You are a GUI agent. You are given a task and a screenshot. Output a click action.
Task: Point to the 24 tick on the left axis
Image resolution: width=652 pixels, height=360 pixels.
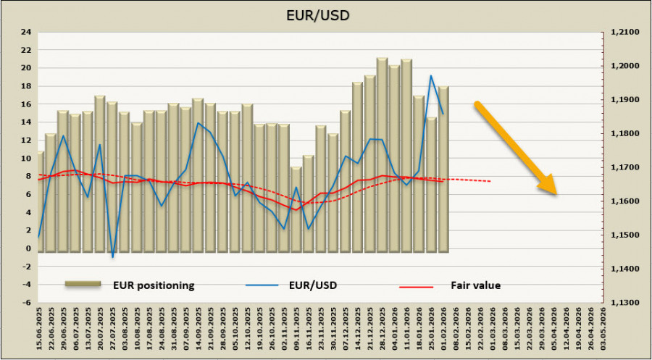coord(26,32)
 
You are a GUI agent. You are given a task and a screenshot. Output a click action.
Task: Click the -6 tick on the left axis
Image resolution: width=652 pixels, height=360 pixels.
coord(26,303)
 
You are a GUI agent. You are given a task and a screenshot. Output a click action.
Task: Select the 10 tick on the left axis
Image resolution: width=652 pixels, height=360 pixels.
coord(26,159)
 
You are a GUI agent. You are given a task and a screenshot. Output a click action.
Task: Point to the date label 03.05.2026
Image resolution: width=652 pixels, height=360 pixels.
coord(602,330)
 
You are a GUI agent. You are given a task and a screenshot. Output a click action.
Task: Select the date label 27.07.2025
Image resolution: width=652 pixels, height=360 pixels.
coord(112,330)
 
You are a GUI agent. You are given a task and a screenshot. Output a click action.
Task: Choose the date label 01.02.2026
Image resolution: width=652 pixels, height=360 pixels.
coord(443,330)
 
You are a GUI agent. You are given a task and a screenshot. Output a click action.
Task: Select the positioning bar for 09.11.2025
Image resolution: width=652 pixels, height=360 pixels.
coord(296,209)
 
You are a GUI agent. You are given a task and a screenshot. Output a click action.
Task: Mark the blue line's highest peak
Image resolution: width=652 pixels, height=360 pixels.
coord(431,75)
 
